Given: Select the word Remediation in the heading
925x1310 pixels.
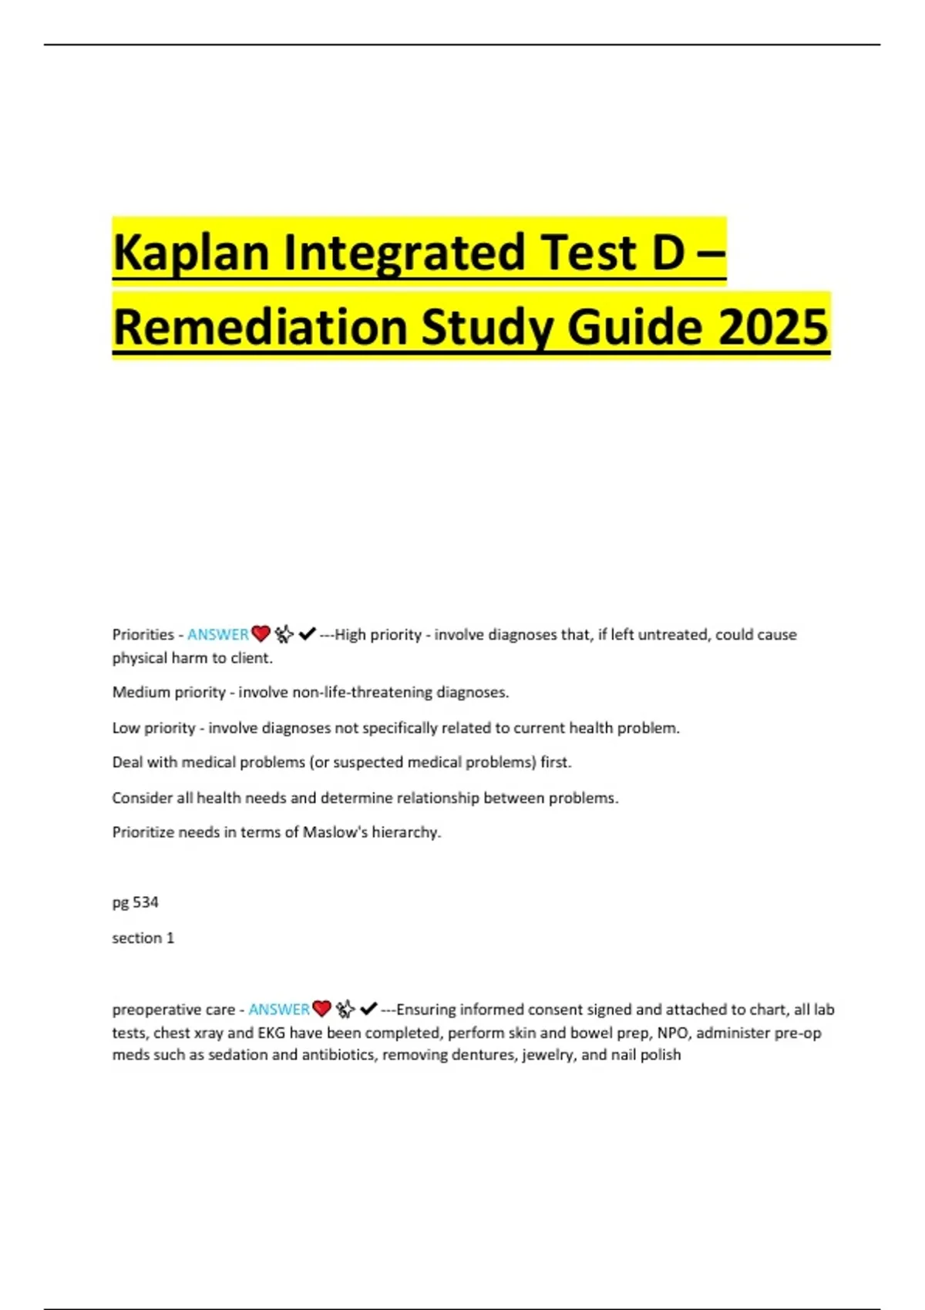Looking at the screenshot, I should (260, 327).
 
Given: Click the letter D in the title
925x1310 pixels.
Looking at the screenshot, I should (668, 253).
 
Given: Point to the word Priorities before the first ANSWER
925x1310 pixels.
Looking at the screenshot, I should (143, 634).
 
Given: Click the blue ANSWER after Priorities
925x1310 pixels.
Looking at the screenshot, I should (217, 634).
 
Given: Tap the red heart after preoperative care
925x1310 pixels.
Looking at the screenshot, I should (321, 1009).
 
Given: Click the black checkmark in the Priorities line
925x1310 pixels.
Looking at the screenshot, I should (307, 633).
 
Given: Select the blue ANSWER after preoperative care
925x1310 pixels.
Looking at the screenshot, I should (278, 1009).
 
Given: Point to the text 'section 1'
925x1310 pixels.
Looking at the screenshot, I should (143, 937).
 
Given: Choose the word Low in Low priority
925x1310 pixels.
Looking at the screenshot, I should (126, 727).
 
